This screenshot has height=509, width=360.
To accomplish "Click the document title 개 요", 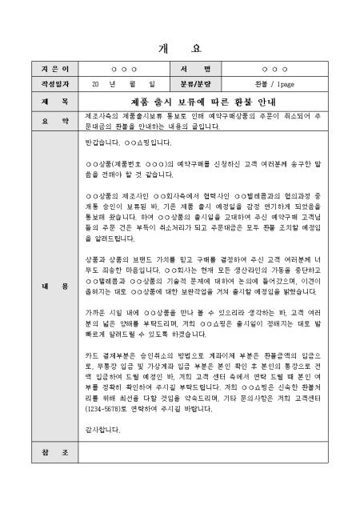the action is click(179, 47).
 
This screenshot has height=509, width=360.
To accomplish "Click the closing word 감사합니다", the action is click(100, 430).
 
